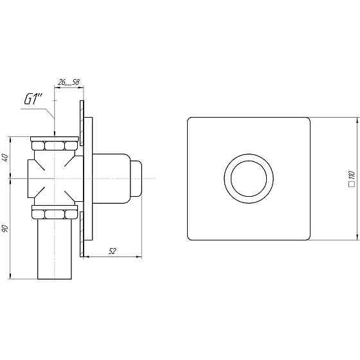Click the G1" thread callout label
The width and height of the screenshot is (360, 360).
click(x=33, y=100)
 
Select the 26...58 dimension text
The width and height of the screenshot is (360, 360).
click(x=68, y=82)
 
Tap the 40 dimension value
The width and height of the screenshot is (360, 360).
click(x=6, y=157)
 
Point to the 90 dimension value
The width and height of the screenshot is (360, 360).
click(x=6, y=228)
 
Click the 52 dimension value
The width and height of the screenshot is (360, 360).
click(x=112, y=251)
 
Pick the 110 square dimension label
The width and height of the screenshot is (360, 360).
click(x=352, y=179)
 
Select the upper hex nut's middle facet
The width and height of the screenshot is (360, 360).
click(x=55, y=145)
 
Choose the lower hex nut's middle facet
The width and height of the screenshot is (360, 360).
click(x=55, y=215)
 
